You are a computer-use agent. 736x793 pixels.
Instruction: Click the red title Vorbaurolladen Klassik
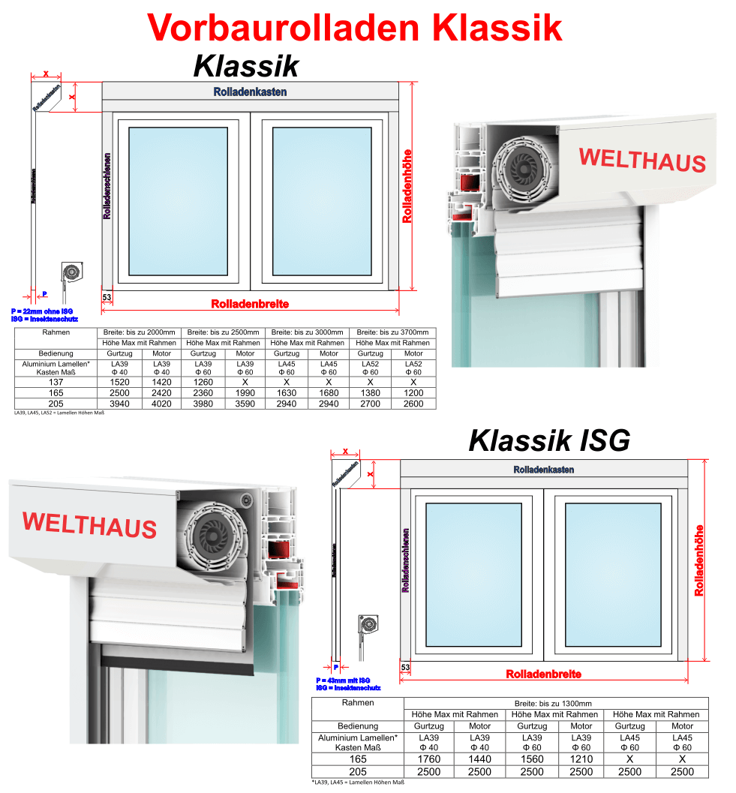point(355,28)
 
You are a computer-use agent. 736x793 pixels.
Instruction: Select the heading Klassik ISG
point(549,440)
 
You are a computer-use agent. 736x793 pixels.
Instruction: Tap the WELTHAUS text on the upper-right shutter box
point(641,160)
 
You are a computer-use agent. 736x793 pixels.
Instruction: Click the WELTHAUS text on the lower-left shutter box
point(89,524)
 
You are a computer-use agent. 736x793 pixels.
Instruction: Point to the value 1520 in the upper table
point(119,382)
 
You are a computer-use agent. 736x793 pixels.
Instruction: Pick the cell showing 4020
point(161,404)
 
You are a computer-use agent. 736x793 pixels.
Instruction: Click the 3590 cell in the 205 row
point(245,404)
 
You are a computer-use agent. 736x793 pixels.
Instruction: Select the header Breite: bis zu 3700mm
point(392,332)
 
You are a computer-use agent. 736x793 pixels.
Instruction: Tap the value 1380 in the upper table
point(371,393)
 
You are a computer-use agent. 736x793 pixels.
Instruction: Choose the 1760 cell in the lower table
point(428,759)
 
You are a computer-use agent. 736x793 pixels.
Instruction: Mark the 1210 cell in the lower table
point(581,759)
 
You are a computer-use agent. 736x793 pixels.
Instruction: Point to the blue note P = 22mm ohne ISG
point(42,311)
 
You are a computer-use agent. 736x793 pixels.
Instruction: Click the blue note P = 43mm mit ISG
point(343,680)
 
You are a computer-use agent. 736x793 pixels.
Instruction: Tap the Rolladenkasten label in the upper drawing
point(250,92)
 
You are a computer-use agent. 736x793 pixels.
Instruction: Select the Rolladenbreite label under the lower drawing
point(543,674)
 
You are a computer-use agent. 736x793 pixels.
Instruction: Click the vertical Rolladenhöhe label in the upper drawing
point(407,185)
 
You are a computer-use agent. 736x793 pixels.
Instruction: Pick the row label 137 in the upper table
point(57,382)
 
